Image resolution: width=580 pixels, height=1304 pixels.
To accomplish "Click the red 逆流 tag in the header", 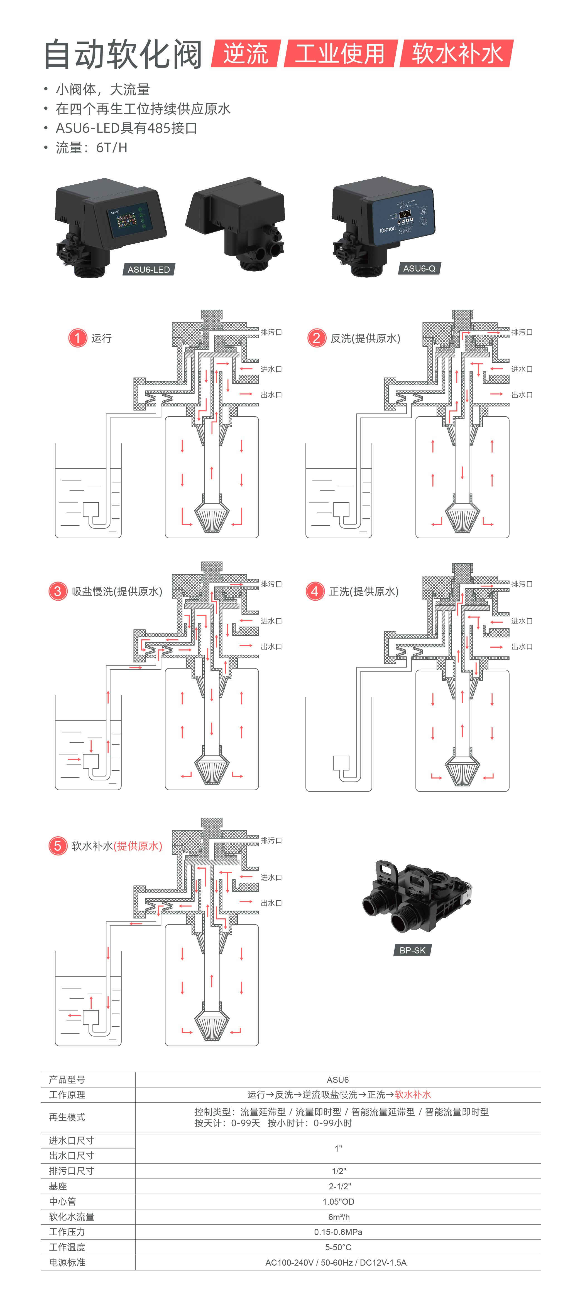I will click(x=246, y=54).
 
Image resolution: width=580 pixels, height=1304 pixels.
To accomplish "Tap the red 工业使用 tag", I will click(x=340, y=54).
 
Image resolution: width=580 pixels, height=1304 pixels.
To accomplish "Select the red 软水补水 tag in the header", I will click(x=457, y=54).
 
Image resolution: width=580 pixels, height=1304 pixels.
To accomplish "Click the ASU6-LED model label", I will click(x=148, y=269).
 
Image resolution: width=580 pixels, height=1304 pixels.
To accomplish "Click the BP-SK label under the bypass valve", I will click(x=412, y=950).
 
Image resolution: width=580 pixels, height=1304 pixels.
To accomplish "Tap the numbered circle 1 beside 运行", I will click(x=77, y=338).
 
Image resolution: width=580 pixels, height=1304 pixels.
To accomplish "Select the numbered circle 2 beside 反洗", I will click(x=317, y=338).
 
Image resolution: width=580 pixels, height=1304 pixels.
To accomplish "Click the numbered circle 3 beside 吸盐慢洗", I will click(x=58, y=591).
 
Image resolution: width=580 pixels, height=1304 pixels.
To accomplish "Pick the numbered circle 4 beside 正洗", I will click(x=315, y=591).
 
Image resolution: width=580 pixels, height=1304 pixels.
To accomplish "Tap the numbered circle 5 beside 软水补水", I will click(x=58, y=845).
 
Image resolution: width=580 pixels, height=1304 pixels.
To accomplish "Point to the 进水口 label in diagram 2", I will click(x=522, y=369).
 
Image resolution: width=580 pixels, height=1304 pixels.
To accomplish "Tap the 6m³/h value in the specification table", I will click(x=338, y=1216).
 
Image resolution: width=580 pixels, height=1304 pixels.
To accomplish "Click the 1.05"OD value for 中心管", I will click(x=338, y=1201).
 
